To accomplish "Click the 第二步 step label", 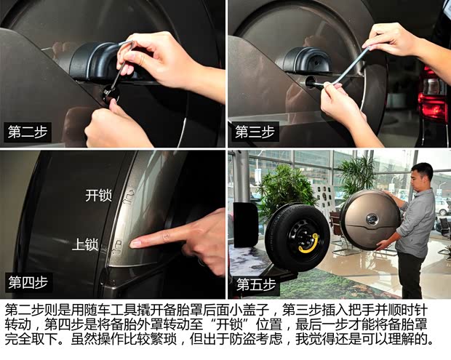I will click(x=25, y=132).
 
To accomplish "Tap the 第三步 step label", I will click(x=254, y=132).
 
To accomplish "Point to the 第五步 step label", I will click(x=255, y=284).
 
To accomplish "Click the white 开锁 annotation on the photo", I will click(x=97, y=196).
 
